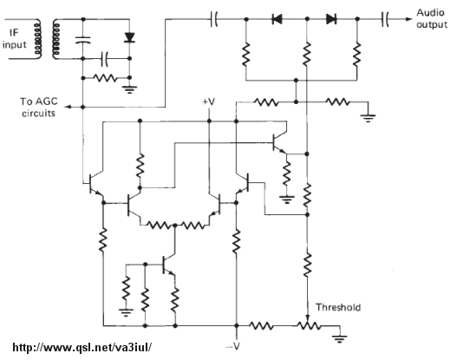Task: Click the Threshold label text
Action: [x=338, y=307]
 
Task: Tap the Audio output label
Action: [x=432, y=18]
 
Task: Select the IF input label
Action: [x=14, y=39]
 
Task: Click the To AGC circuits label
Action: [x=38, y=107]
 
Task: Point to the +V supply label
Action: [x=209, y=101]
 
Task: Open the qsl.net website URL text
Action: [x=82, y=347]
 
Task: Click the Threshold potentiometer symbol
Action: [x=309, y=325]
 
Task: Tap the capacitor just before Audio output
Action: [x=385, y=19]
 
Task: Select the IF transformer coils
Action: [x=47, y=39]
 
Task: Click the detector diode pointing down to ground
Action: [x=129, y=37]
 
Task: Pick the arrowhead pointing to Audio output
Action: [x=408, y=19]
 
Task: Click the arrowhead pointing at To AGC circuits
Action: [x=68, y=107]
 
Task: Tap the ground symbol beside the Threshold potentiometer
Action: [x=339, y=337]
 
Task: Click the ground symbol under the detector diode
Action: [x=129, y=89]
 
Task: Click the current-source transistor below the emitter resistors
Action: [x=168, y=264]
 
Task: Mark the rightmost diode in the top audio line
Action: [x=331, y=19]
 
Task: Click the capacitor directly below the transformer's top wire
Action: [x=83, y=40]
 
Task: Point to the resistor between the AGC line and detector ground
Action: [x=105, y=78]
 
